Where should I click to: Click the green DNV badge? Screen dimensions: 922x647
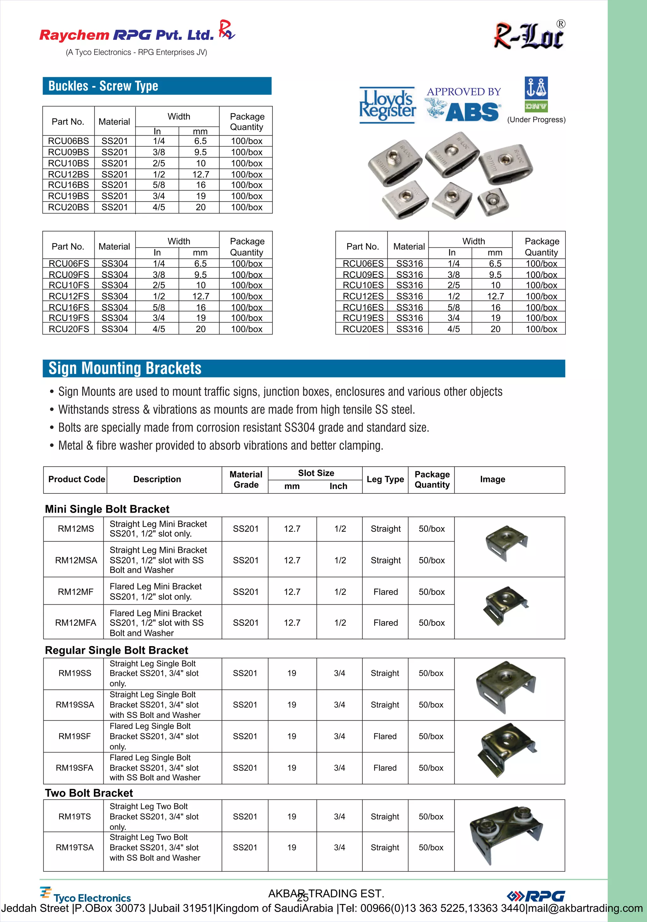pos(536,107)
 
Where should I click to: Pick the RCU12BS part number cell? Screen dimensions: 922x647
pos(68,174)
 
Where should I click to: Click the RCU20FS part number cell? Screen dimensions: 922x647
pos(69,329)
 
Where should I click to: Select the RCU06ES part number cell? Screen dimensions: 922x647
pos(363,263)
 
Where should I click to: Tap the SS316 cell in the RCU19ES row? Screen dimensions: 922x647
pos(409,318)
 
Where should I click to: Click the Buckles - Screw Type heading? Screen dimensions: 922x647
pos(103,86)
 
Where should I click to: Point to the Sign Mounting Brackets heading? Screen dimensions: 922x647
pos(125,368)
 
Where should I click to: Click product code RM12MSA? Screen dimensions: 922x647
pos(76,560)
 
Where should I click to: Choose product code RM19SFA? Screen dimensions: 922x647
pos(75,767)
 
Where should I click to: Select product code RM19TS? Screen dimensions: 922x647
pos(75,816)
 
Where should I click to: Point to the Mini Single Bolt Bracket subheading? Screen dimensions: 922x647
pos(107,509)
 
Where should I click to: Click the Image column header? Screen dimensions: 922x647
pos(493,479)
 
